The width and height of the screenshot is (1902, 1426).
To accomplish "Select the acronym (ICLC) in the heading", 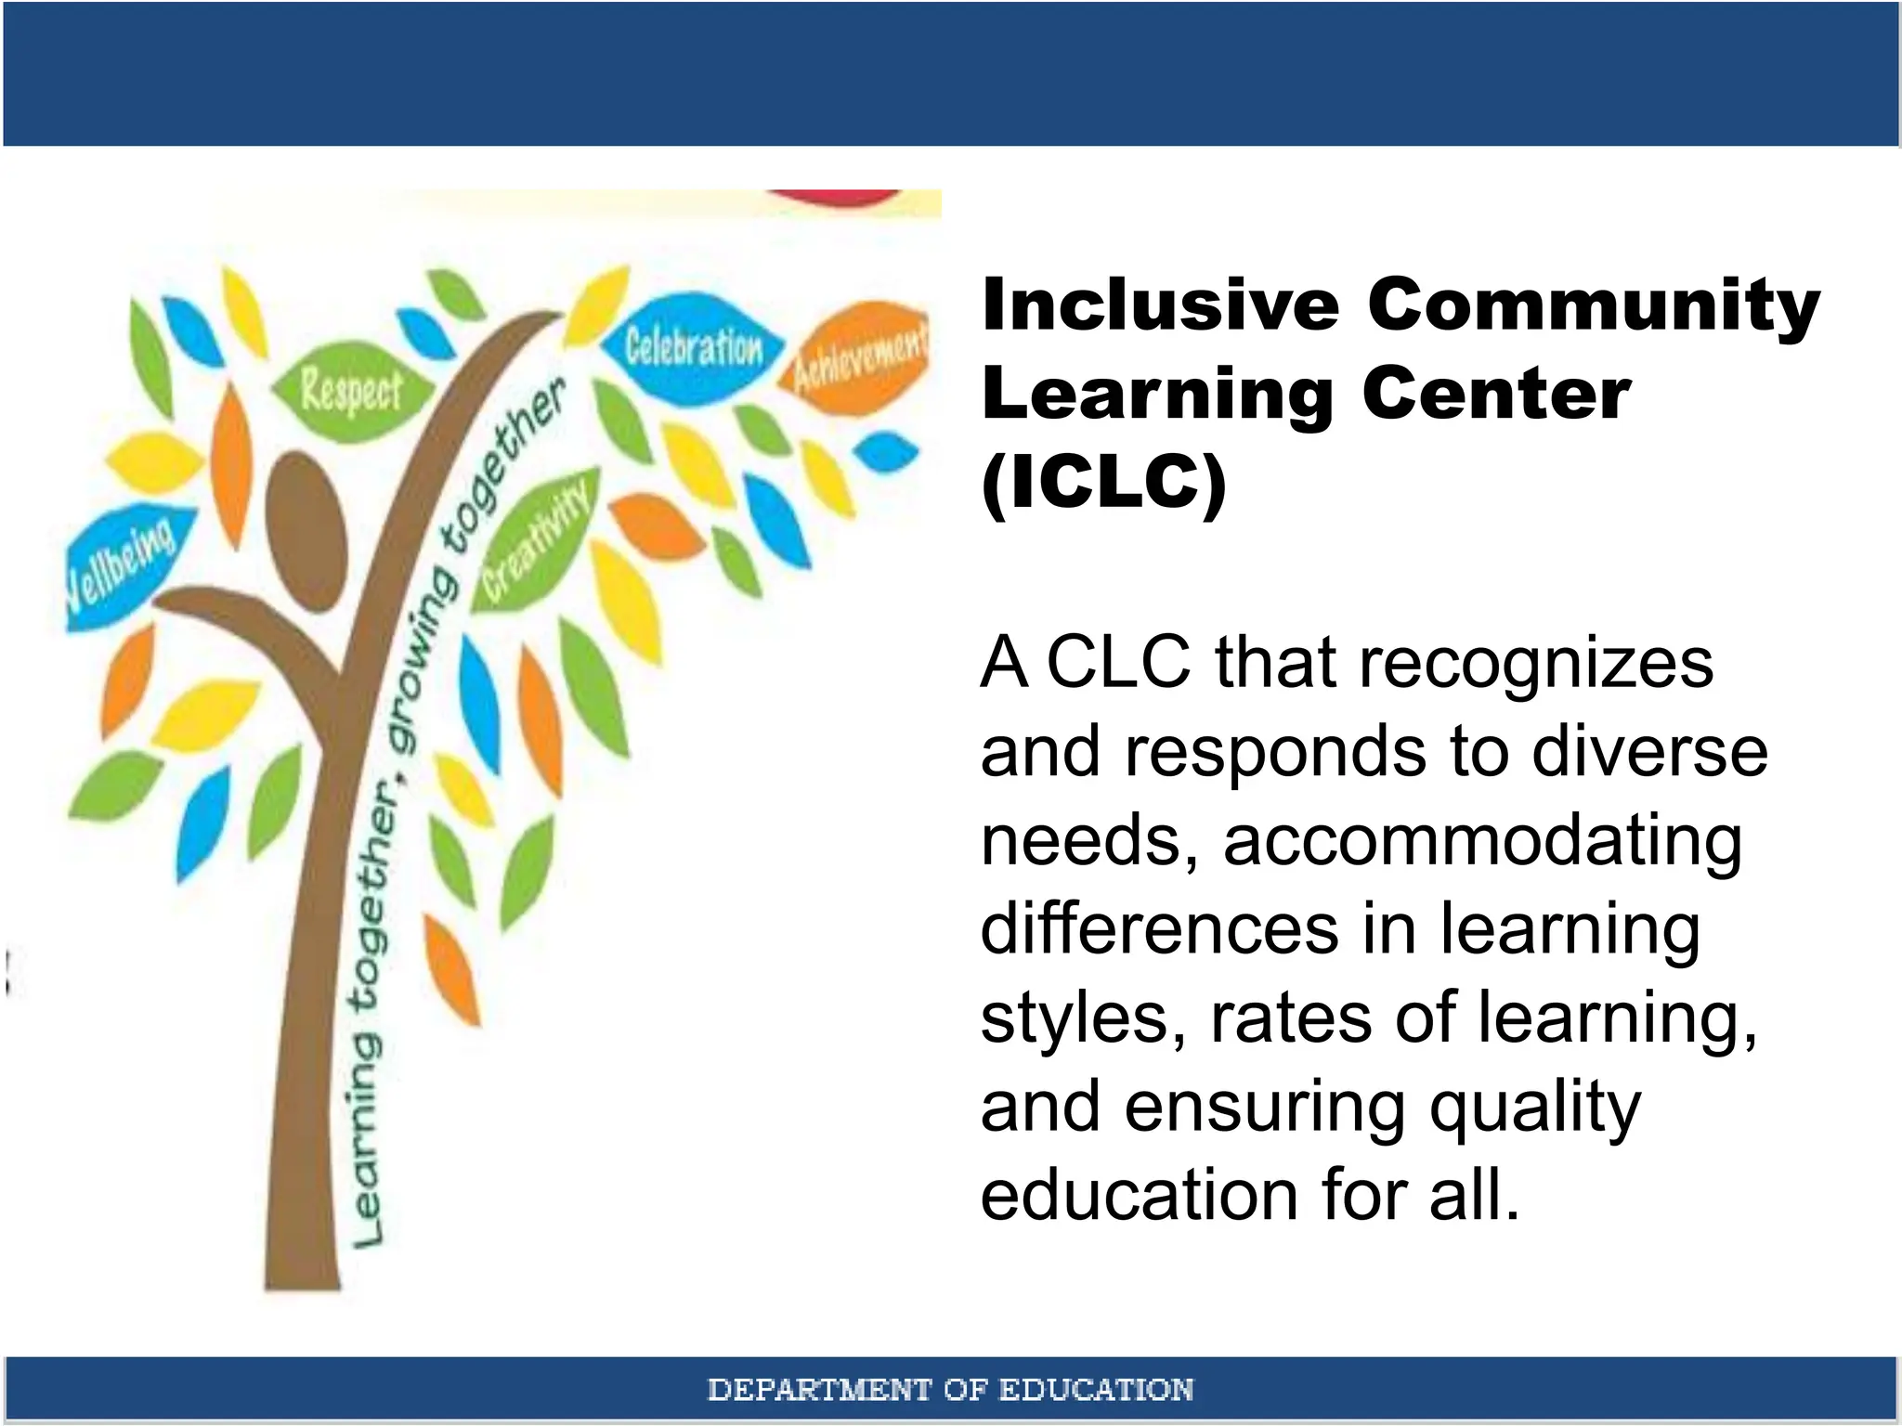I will (x=1103, y=482).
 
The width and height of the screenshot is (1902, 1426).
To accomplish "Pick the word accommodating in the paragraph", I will (x=1482, y=840).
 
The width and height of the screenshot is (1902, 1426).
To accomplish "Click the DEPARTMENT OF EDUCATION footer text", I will (x=950, y=1390).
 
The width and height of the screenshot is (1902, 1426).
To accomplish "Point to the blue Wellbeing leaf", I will (x=123, y=565).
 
